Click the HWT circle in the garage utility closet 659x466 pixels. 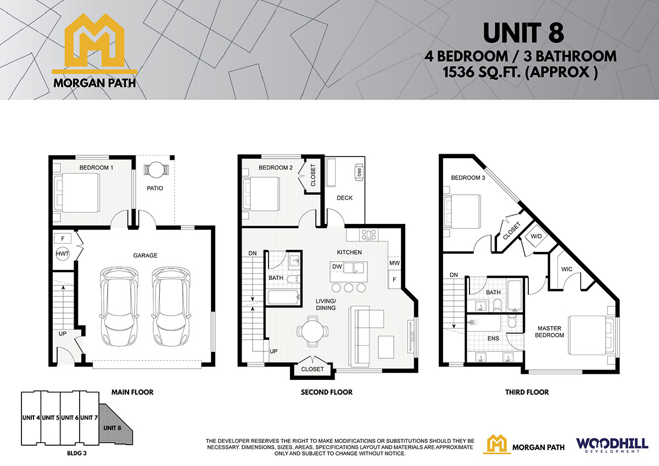tap(63, 254)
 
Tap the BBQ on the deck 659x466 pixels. tap(359, 172)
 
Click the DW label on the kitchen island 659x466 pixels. tap(337, 267)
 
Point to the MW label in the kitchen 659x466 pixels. tap(394, 263)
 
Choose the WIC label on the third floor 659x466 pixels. tap(567, 269)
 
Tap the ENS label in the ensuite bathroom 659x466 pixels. tap(493, 339)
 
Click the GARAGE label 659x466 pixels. tap(146, 255)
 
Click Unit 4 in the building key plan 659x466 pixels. tap(31, 418)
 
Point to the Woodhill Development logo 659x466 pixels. tap(612, 445)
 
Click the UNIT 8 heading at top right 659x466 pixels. tap(523, 33)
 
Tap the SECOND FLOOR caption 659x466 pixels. tap(327, 392)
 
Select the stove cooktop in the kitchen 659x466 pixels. tap(369, 235)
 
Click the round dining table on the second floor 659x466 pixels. tap(312, 331)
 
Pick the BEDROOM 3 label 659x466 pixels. tap(468, 178)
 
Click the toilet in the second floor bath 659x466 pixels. tap(293, 279)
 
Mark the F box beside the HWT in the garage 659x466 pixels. tap(63, 238)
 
